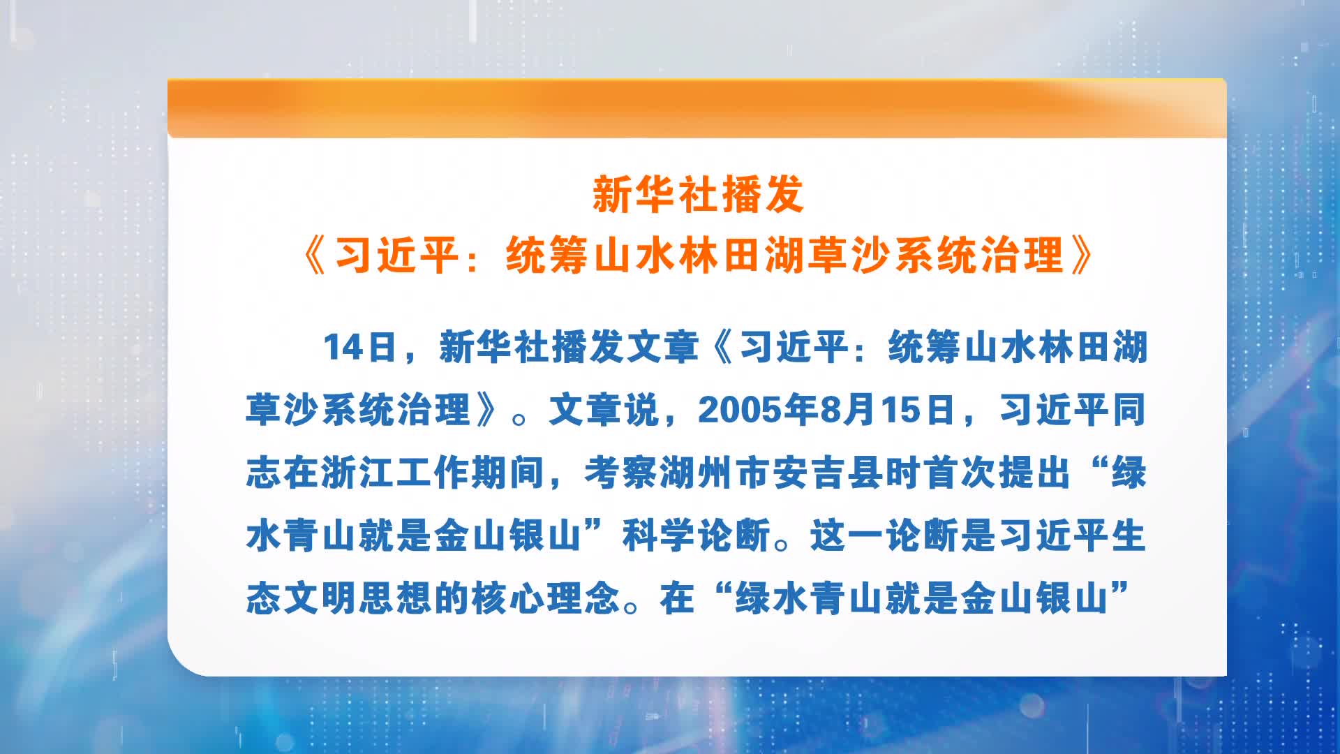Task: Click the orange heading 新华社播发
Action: [698, 194]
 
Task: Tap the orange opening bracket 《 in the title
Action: [315, 256]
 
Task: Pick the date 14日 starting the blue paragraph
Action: [359, 347]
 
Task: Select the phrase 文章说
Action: [604, 410]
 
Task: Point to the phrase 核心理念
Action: [546, 598]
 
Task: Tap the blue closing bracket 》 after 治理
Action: [488, 410]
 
